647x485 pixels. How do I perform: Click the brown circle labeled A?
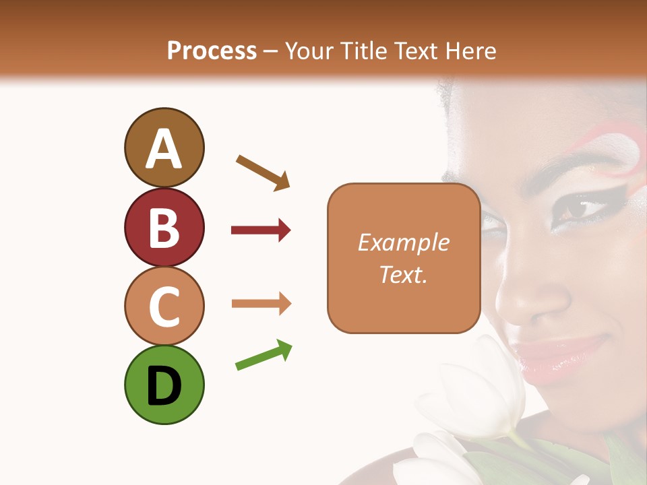[164, 148]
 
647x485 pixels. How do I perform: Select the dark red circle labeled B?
[164, 227]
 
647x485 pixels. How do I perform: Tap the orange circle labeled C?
[164, 306]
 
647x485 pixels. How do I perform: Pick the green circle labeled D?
[164, 385]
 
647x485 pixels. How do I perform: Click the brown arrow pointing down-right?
[263, 172]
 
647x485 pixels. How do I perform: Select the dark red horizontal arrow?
[261, 230]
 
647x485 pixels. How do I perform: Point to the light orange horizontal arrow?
[261, 303]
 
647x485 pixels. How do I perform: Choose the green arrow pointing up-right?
[264, 355]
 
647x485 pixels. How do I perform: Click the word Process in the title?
[212, 51]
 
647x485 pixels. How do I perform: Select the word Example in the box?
[403, 243]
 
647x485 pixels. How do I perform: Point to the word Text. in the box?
[403, 273]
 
